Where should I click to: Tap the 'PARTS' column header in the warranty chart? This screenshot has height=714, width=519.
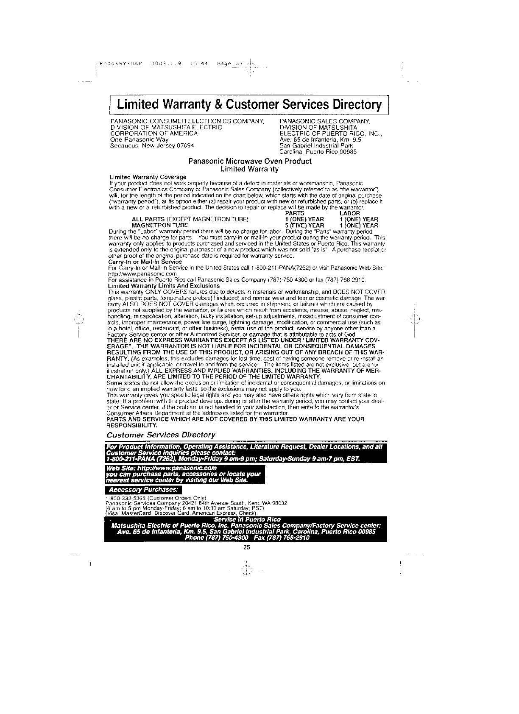[x=295, y=213]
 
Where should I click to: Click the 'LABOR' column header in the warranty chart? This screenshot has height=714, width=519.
[x=349, y=213]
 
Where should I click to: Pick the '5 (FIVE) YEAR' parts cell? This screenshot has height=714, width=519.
[x=304, y=225]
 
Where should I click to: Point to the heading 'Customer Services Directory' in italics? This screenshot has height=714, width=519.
[x=161, y=435]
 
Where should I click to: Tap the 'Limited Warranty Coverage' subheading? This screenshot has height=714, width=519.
[x=148, y=177]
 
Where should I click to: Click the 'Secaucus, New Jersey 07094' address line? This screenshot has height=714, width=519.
[x=152, y=145]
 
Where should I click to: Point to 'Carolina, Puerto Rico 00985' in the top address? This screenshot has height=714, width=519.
[x=318, y=151]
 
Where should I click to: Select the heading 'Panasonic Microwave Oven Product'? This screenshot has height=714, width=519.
[x=250, y=161]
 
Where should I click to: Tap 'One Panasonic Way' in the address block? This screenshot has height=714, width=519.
[x=139, y=139]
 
